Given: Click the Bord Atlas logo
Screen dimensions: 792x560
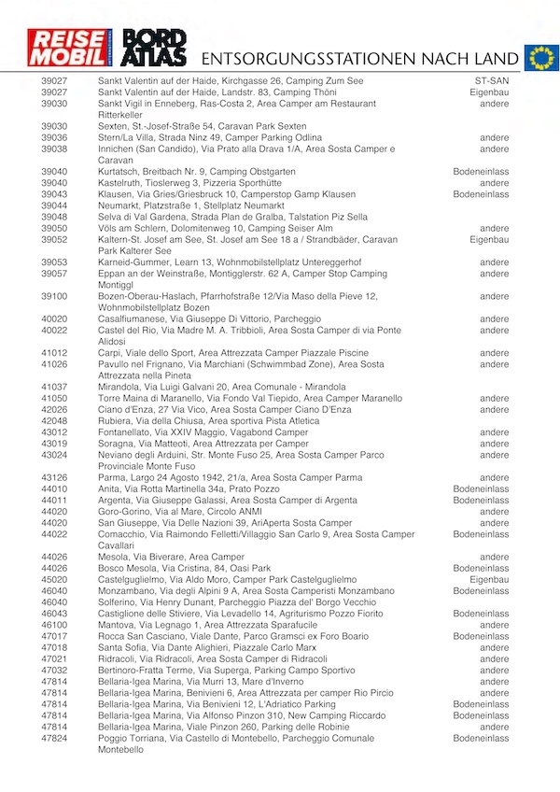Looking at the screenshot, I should point(155,48).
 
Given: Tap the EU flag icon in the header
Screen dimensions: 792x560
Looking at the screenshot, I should point(540,57).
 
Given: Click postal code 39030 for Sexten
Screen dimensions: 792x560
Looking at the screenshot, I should point(54,126).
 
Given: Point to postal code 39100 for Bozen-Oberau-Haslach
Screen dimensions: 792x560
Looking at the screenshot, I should point(54,296).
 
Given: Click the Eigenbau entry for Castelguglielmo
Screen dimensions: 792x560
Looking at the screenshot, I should point(488,580).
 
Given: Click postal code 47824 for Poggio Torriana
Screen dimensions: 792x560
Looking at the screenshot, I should point(54,738).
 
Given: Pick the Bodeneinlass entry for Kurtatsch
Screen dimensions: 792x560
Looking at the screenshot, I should point(481,172).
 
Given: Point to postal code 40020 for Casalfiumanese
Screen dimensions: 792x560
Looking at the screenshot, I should point(54,318).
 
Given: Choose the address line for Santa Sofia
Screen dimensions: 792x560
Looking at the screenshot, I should point(197,647).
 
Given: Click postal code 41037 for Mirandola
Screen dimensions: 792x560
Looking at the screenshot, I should point(54,387).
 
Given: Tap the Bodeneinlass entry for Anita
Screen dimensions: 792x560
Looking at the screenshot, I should point(481,488).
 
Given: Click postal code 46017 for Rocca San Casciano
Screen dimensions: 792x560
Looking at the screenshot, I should point(54,636).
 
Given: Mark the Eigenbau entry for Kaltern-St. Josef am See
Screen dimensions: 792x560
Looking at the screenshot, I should point(488,239).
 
